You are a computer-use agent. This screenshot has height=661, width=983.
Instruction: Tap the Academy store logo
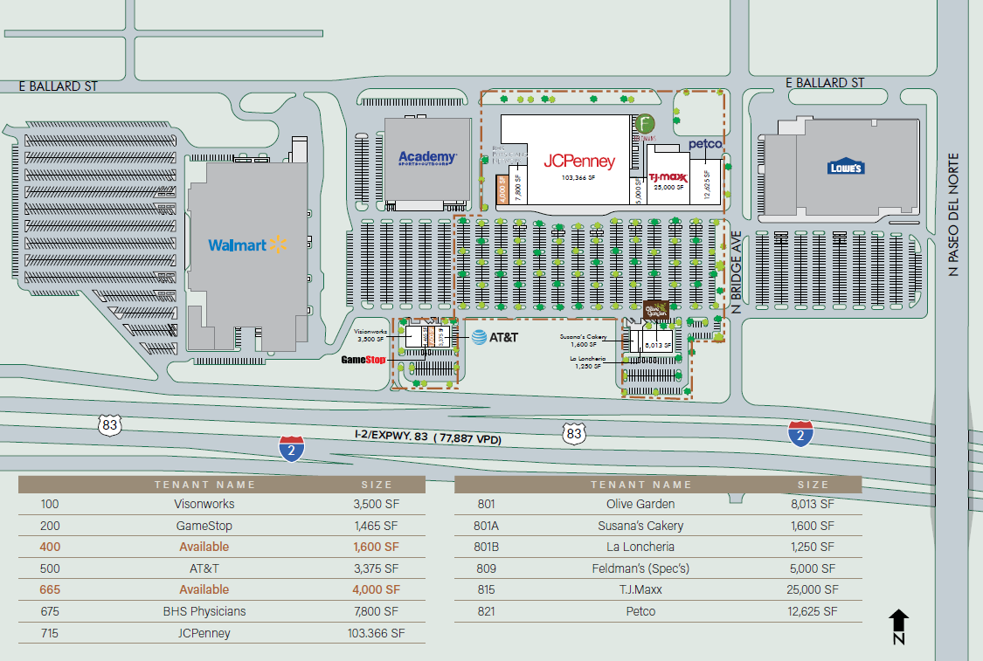[428, 158]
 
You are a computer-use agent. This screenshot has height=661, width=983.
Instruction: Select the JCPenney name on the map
[579, 162]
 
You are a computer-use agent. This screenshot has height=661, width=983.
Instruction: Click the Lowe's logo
[846, 167]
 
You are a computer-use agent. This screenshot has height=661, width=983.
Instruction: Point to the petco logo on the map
[704, 144]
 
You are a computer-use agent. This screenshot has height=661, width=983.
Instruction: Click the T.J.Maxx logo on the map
[668, 177]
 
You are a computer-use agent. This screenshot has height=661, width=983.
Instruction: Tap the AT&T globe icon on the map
[479, 337]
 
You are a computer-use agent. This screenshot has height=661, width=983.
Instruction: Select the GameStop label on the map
[363, 359]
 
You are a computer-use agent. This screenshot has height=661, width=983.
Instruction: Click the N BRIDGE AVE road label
[736, 272]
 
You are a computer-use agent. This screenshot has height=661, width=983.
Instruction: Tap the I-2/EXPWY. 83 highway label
[427, 438]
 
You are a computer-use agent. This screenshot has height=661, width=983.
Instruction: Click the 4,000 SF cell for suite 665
[377, 589]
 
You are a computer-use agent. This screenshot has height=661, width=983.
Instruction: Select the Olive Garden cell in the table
[640, 504]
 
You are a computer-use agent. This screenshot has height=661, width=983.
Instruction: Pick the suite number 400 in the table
[49, 547]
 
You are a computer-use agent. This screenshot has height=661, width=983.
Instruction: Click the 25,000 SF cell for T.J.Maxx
[813, 589]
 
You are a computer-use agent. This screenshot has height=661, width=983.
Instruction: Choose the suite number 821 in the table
[486, 611]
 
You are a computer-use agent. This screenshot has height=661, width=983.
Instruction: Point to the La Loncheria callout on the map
[587, 361]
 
